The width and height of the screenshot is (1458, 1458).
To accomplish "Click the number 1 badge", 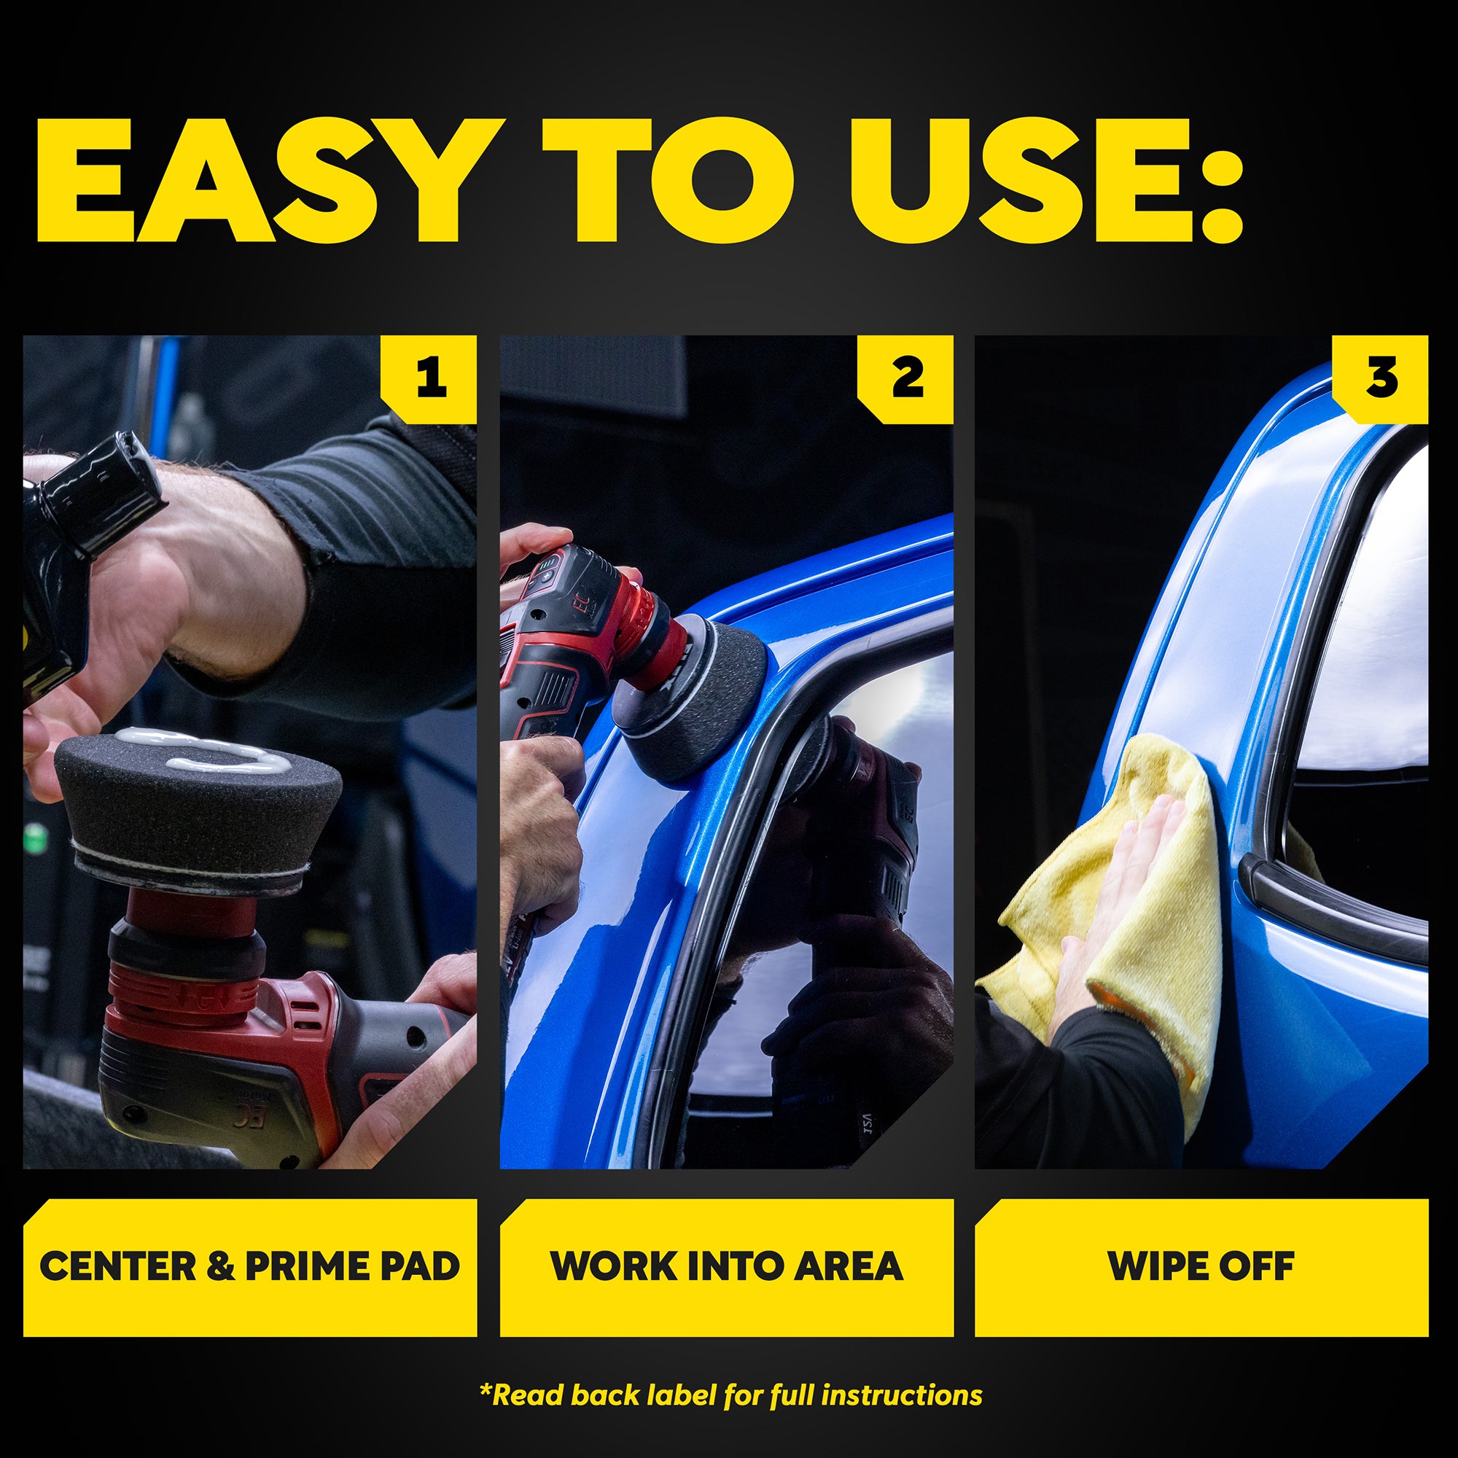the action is coord(429,379).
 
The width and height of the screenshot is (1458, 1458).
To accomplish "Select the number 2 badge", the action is coord(905,379).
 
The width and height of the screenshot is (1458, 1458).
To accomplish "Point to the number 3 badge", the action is coord(1380,379).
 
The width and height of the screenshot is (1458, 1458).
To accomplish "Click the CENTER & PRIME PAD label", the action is coord(250,1266).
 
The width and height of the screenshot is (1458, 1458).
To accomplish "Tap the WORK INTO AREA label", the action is coord(727,1266).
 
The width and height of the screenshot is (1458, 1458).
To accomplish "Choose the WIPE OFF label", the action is coord(1201,1266).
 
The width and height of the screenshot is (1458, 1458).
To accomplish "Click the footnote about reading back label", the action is coord(730,1395).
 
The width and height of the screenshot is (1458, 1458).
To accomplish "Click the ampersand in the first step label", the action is coord(219,1266).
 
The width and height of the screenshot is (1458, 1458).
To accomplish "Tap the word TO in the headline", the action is coord(668,180).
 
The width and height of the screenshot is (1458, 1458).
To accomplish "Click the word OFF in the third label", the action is coord(1256,1266).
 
